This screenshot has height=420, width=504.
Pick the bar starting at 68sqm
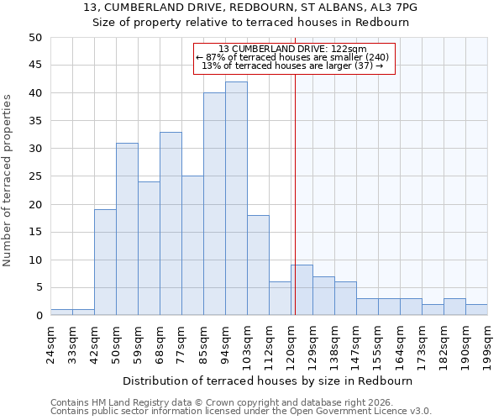point(171,223)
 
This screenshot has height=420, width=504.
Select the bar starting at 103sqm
point(258,265)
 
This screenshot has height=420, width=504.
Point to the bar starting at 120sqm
point(302,291)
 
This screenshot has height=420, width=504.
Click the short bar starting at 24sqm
point(61,312)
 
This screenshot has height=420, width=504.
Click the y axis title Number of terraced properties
point(8,180)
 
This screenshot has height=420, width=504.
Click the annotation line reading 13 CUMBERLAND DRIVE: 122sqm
point(292,50)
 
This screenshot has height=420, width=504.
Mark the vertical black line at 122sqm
point(295,168)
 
